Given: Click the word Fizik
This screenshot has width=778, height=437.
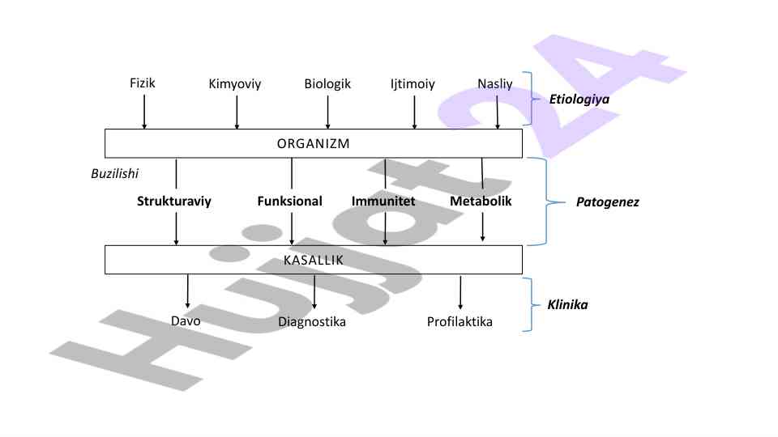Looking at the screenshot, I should coord(142,83).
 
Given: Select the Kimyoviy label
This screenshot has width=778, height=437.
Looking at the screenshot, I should coord(235,83).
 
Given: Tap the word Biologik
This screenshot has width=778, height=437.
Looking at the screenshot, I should coord(327,83).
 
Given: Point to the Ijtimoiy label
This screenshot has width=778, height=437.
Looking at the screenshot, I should coord(413,83).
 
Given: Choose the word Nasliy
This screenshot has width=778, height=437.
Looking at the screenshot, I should coord(495,83).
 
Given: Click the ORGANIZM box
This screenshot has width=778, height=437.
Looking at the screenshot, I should coord(314,143).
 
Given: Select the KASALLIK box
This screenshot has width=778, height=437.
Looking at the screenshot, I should coord(314,261).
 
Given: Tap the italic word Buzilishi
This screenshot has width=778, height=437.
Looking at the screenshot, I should coord(114,173).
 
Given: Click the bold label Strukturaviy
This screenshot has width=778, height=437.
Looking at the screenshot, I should coord(174,202).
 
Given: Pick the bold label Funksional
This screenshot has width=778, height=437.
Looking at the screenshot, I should coord(289,202).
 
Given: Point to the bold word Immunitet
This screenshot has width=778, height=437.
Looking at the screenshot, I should coord(383,202).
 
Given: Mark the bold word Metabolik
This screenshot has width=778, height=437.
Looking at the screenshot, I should coord(481,202).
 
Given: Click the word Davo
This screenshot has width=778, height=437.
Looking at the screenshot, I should coord(186,320).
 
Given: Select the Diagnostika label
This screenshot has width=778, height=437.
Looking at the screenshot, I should coord(312,322).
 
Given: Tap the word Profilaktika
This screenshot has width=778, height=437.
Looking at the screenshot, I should coord(460,322).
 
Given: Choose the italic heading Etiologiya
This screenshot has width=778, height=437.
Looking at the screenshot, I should coord(579,100).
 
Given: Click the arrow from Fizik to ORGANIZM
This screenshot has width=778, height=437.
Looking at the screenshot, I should coord(144,112).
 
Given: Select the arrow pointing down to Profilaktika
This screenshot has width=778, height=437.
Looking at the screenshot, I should coord(460,293).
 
